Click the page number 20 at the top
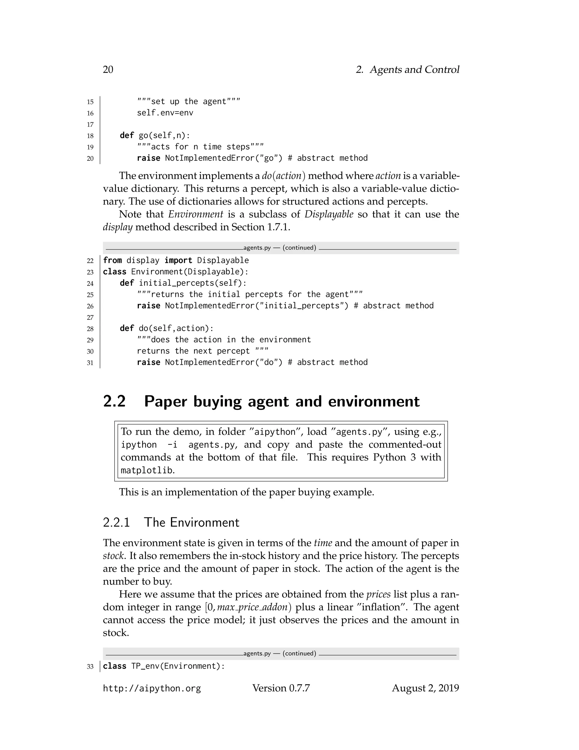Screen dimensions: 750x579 click(108, 70)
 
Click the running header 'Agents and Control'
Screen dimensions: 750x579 click(414, 70)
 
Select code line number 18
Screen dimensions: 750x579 click(90, 136)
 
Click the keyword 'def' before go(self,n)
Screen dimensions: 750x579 click(127, 135)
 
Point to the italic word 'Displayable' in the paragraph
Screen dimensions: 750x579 click(329, 214)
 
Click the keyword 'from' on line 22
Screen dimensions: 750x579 click(112, 260)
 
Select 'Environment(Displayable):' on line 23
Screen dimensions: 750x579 click(189, 272)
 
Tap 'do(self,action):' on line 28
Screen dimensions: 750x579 click(176, 328)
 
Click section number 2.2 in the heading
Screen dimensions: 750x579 click(114, 401)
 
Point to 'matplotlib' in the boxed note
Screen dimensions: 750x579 click(146, 470)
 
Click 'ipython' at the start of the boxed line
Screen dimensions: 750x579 click(139, 445)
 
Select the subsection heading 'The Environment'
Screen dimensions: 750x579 click(191, 522)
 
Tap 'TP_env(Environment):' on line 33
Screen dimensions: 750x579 click(178, 666)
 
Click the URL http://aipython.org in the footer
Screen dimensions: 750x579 click(152, 689)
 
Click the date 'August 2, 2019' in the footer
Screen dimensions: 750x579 click(425, 688)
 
